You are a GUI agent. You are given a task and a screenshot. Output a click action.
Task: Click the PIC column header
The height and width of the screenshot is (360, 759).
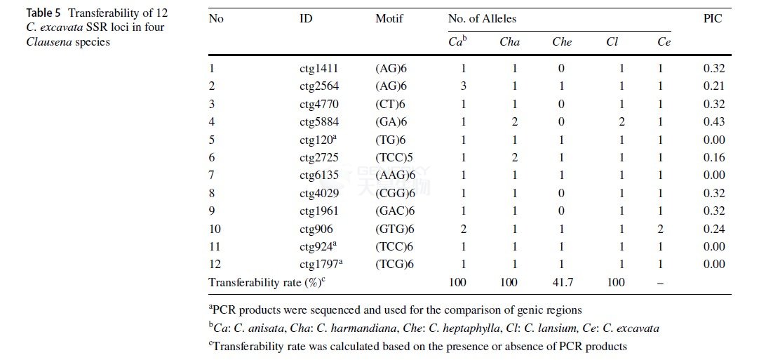pyautogui.click(x=712, y=19)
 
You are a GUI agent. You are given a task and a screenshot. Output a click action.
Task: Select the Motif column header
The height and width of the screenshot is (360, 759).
pyautogui.click(x=389, y=19)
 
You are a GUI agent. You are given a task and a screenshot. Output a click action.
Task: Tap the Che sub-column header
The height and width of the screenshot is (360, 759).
pyautogui.click(x=562, y=42)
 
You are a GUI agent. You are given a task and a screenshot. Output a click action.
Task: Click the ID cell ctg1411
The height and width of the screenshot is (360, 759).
pyautogui.click(x=319, y=69)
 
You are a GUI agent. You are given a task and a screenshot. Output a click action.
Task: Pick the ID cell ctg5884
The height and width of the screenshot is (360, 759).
pyautogui.click(x=319, y=122)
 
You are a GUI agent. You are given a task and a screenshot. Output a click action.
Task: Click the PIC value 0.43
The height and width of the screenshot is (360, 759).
pyautogui.click(x=714, y=121)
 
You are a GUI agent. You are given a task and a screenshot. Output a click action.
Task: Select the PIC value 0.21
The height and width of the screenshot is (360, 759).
pyautogui.click(x=714, y=86)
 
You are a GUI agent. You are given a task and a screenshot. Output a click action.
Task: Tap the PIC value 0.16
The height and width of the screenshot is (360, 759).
pyautogui.click(x=714, y=157)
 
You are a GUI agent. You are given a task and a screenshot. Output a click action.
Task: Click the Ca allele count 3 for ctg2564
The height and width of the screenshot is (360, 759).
pyautogui.click(x=463, y=86)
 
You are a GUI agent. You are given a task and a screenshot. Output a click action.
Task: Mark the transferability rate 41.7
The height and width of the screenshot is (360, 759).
pyautogui.click(x=563, y=282)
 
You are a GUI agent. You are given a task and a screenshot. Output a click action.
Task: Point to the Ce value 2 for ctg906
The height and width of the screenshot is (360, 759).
pyautogui.click(x=660, y=229)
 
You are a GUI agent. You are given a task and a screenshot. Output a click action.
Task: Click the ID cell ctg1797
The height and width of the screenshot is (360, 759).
pyautogui.click(x=321, y=264)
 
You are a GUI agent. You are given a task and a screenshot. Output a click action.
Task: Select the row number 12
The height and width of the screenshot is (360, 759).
pyautogui.click(x=215, y=264)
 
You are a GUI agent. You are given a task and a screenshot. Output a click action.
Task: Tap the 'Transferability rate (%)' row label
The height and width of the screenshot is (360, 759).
pyautogui.click(x=267, y=282)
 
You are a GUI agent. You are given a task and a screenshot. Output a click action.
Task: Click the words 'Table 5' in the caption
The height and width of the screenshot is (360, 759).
pyautogui.click(x=43, y=12)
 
